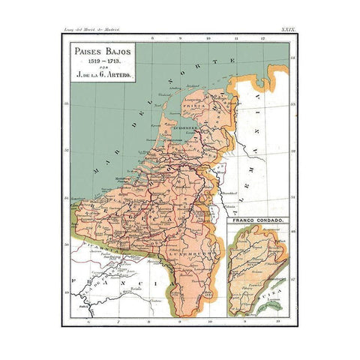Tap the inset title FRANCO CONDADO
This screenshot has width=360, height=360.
tap(256, 223)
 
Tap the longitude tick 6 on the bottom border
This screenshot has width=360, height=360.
tap(88, 320)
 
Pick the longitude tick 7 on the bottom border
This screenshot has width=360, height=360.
tap(118, 320)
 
